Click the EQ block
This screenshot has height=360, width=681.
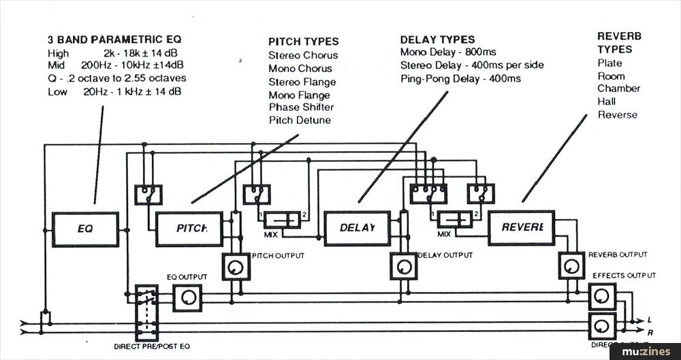pos(85,229)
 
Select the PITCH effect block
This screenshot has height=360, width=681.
pos(189,229)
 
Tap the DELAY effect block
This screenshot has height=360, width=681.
pos(357,229)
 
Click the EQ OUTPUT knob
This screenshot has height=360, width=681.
pos(187,297)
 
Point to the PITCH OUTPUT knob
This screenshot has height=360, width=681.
pos(236,266)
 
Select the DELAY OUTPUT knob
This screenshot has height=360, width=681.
pos(403,266)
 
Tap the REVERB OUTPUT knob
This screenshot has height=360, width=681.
pos(571,266)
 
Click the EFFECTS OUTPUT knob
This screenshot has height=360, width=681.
pos(602,297)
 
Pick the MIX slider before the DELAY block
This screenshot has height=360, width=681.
pos(281,220)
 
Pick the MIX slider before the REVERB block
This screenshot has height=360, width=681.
pos(455,220)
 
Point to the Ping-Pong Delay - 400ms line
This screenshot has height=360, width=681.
pos(460,78)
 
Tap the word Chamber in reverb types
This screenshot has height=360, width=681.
pos(618,88)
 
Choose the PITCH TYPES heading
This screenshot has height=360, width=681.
pos(303,42)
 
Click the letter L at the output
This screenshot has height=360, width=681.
pos(650,319)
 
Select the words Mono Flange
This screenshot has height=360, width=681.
pos(299,95)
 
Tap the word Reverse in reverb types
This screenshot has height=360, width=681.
pos(617,114)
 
